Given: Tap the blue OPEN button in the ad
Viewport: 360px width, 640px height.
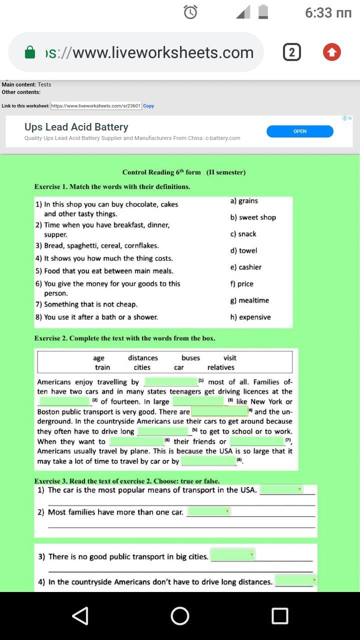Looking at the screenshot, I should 299,131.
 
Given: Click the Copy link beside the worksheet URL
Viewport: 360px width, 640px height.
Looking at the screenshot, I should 148,106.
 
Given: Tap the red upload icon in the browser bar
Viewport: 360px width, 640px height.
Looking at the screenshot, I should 332,52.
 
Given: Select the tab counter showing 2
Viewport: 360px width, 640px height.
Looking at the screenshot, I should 292,52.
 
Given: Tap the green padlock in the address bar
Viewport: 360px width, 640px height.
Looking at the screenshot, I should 30,52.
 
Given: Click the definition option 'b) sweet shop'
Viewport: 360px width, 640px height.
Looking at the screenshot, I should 253,217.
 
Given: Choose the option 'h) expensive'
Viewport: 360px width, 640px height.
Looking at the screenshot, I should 250,317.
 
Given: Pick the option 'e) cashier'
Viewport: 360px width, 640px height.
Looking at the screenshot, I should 246,267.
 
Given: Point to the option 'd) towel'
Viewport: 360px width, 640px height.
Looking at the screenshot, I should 243,250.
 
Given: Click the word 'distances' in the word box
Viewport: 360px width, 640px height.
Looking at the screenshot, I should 143,358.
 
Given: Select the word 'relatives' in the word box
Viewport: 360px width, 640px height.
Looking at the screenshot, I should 221,367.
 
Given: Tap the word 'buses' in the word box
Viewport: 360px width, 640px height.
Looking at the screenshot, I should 190,358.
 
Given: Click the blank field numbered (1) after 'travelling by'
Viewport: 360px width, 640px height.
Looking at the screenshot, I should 171,382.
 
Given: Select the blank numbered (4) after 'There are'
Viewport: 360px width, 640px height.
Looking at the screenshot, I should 219,411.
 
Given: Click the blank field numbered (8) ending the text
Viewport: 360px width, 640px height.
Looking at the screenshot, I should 208,461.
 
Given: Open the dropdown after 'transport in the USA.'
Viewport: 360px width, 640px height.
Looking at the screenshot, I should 281,490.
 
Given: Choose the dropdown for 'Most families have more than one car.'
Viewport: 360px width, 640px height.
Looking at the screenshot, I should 208,511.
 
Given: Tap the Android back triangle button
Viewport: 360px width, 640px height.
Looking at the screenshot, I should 80,616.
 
